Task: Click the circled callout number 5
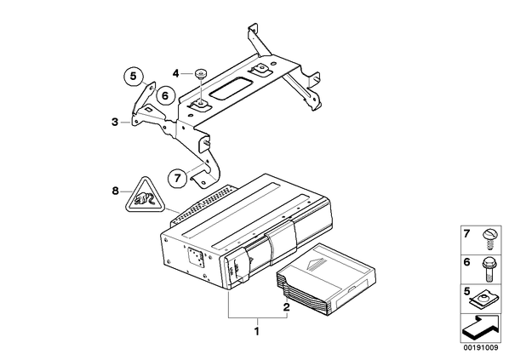pos(133,77)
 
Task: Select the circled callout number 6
pos(165,96)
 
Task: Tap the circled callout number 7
pos(178,178)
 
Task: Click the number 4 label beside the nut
pos(175,74)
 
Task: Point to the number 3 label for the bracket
pos(115,123)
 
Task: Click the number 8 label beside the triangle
pos(115,191)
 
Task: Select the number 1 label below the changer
pos(257,332)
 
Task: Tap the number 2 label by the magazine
pos(286,307)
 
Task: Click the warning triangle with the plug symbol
pos(145,195)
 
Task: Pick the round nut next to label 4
pos(202,74)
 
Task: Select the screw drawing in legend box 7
pos(489,239)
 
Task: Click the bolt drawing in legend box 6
pos(489,270)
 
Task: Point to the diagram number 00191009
pos(481,348)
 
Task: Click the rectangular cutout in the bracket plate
pos(232,87)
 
